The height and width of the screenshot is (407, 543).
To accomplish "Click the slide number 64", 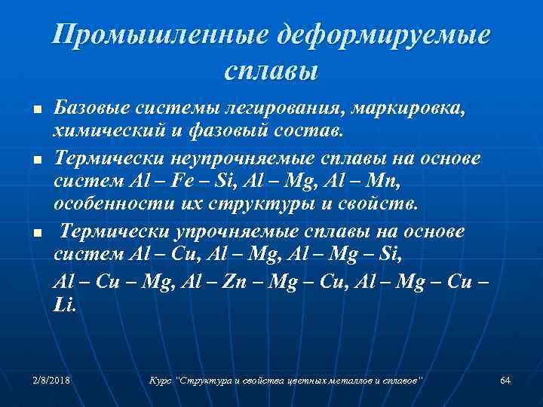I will (x=505, y=380).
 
